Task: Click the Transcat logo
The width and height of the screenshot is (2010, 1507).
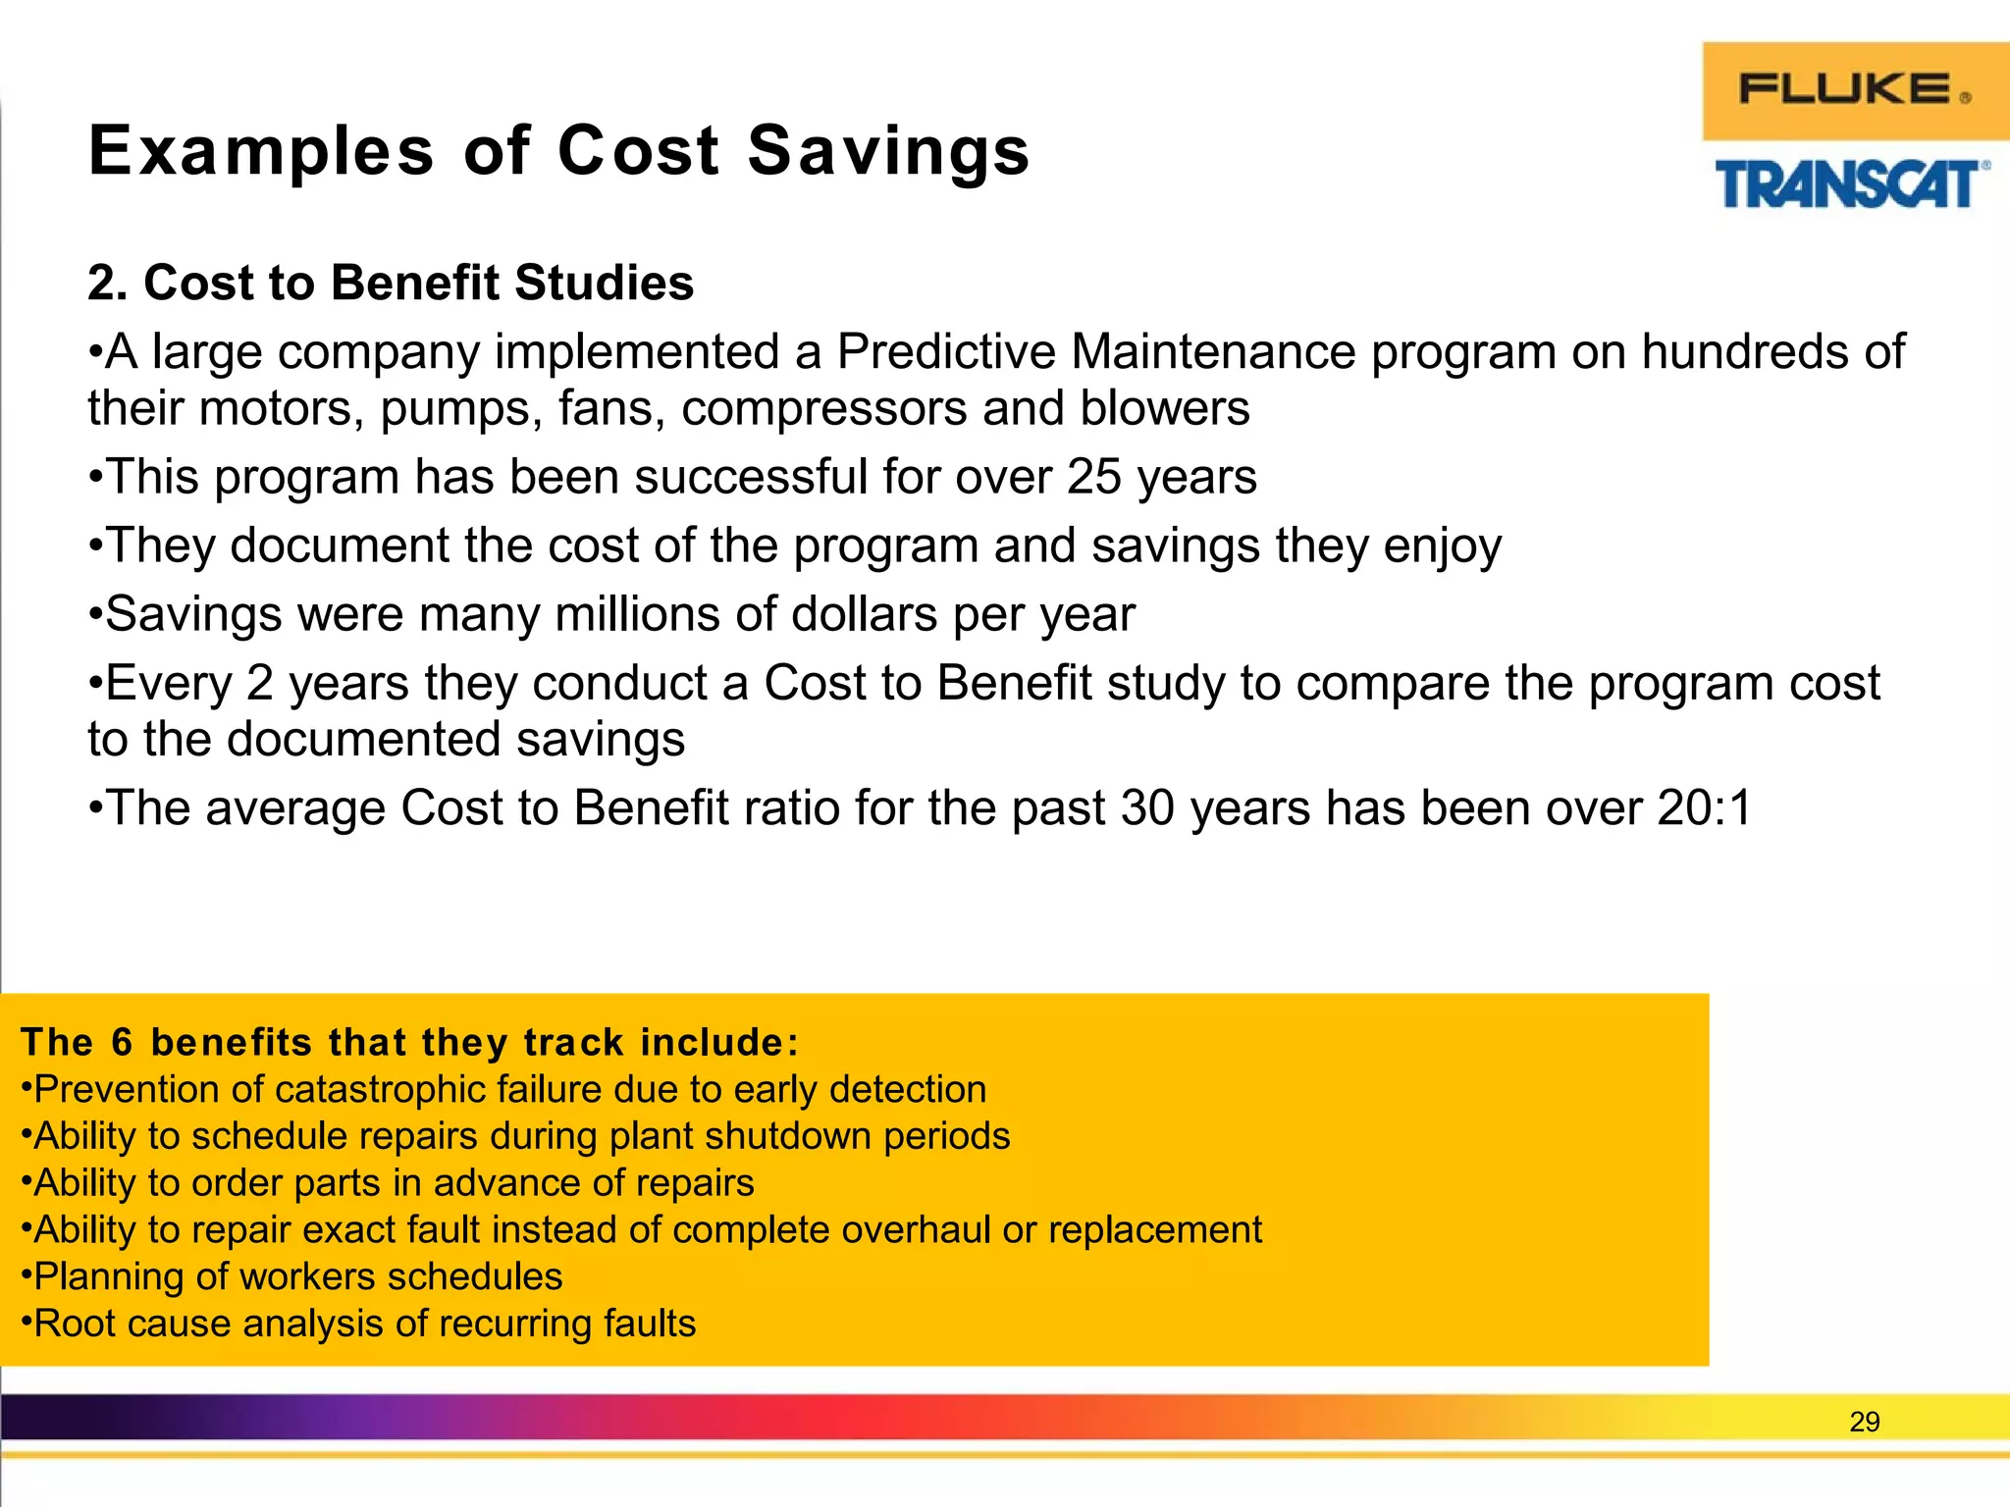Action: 1851,184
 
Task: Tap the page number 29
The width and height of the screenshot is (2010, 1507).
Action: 1864,1422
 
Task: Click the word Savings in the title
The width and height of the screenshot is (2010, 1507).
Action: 888,152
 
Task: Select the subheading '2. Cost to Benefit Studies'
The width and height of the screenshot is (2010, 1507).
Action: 391,283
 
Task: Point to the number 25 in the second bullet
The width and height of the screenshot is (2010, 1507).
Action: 1093,478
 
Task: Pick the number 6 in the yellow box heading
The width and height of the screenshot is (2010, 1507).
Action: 122,1042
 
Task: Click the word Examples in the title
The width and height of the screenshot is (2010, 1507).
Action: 261,152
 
